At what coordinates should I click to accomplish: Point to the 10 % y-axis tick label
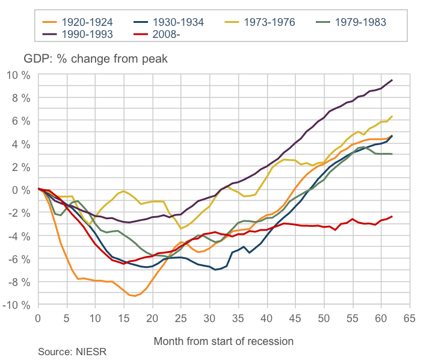pyautogui.click(x=17, y=75)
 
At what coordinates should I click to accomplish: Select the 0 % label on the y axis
pyautogui.click(x=20, y=190)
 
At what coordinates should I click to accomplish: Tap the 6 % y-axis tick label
pyautogui.click(x=20, y=121)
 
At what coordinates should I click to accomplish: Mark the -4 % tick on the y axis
pyautogui.click(x=18, y=236)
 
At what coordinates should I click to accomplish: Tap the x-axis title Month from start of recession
pyautogui.click(x=224, y=341)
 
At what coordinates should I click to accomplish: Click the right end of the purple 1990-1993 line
pyautogui.click(x=392, y=80)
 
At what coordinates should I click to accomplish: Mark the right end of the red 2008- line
pyautogui.click(x=392, y=216)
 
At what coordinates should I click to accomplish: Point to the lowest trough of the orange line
pyautogui.click(x=135, y=296)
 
